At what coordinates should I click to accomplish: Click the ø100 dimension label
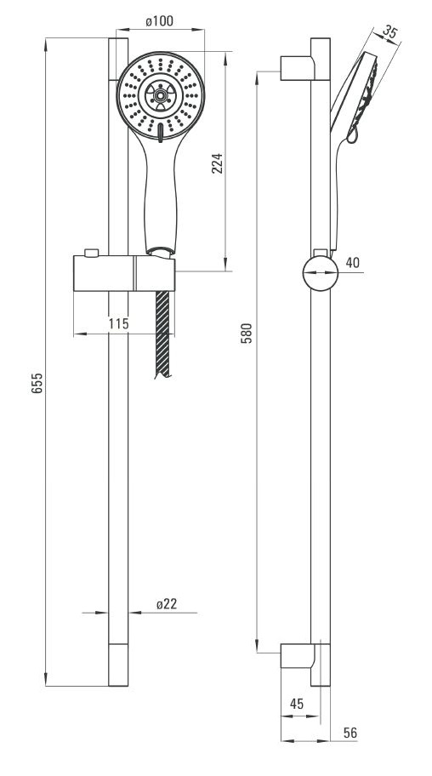[159, 21]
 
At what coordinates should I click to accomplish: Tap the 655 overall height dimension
[37, 383]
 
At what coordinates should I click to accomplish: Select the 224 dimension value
[217, 163]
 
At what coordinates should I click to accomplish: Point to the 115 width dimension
[119, 323]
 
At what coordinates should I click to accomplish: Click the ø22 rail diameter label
[167, 604]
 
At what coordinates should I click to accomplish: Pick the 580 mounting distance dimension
[247, 334]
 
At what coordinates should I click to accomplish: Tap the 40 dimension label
[352, 262]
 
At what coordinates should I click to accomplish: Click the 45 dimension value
[297, 703]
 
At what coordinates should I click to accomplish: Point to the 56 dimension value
[350, 733]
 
